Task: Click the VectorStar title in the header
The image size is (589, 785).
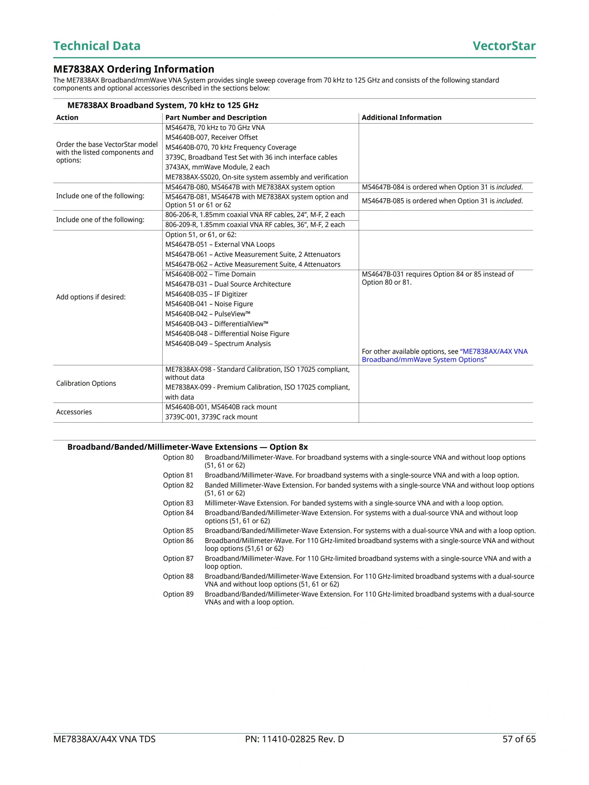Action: [504, 46]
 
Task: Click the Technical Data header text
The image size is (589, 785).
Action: [97, 46]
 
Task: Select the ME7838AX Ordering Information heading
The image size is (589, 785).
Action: [134, 69]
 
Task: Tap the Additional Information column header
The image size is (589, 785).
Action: [401, 117]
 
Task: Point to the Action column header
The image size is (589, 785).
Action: [67, 117]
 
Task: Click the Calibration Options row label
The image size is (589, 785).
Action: [86, 383]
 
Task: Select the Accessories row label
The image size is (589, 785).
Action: [74, 412]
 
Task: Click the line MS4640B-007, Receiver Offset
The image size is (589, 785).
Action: [211, 137]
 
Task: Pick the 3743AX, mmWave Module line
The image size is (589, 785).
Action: [217, 167]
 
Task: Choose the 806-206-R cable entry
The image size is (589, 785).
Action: [255, 215]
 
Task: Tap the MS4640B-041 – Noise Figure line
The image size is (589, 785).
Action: [209, 304]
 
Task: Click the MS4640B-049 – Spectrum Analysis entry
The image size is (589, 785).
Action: [218, 343]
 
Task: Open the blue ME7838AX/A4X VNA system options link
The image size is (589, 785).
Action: [445, 355]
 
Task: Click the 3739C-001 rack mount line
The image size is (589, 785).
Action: [211, 417]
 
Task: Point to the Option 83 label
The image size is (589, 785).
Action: [178, 503]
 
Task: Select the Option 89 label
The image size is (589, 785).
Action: [178, 594]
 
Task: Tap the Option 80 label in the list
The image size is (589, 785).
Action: [178, 457]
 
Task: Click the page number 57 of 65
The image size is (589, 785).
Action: [519, 739]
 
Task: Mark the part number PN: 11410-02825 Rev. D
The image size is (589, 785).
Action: [294, 739]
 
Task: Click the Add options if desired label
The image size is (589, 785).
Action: [91, 297]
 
